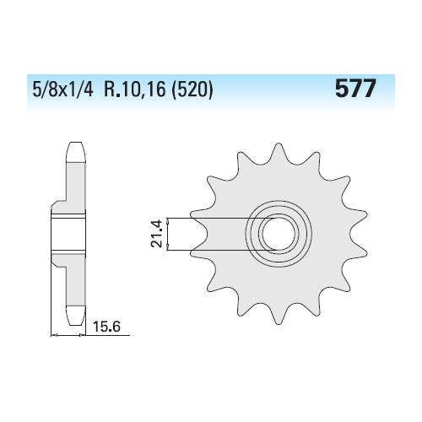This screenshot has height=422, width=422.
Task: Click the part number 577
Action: pos(355,88)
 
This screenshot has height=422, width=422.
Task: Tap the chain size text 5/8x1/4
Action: pos(62,89)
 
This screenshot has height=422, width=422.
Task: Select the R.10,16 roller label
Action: pos(135,89)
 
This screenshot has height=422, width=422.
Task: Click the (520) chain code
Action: pos(192,89)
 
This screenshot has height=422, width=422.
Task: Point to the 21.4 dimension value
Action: pos(156,234)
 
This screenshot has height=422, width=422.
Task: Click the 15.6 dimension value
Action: pos(106,327)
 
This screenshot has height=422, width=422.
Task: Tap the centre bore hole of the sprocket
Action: pos(279,234)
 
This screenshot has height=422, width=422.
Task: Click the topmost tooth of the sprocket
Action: pos(279,152)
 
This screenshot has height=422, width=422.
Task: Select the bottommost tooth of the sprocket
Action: pos(279,315)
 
